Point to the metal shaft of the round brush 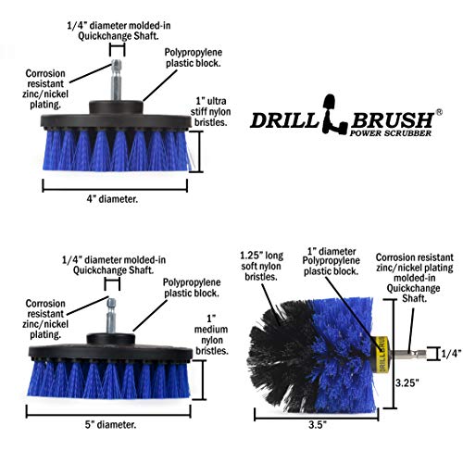[x=402, y=352]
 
